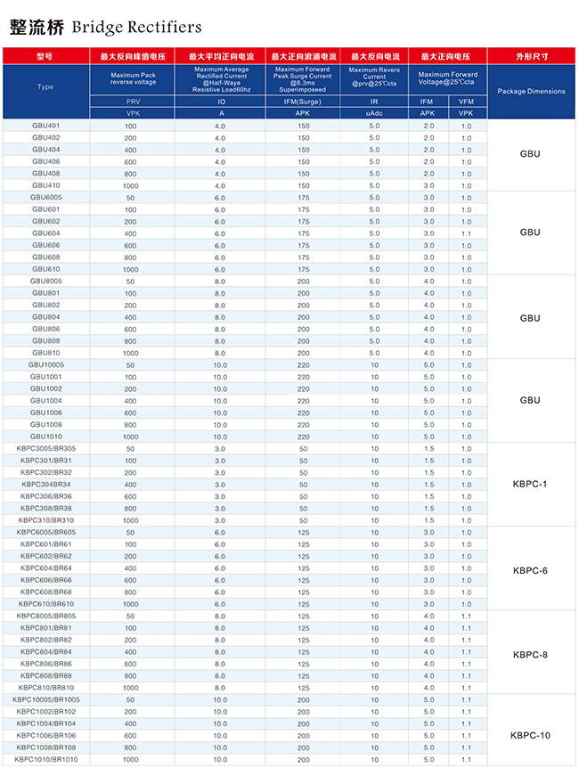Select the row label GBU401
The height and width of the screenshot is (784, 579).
(x=46, y=126)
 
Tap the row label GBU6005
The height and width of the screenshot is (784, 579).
(x=46, y=197)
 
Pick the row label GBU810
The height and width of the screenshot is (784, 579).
(x=46, y=353)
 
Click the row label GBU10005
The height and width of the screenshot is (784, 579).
(x=46, y=364)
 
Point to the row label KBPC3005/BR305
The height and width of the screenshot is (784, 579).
(x=46, y=448)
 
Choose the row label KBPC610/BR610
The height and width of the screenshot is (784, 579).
(x=46, y=604)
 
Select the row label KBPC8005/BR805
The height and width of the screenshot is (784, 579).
(x=46, y=616)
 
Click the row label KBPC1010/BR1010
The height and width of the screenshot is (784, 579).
(x=46, y=759)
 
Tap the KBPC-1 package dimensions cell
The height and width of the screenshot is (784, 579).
(x=530, y=484)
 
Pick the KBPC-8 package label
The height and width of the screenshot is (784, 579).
(x=530, y=654)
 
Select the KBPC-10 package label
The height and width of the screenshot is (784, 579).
(x=530, y=735)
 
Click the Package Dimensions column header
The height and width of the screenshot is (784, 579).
(x=531, y=91)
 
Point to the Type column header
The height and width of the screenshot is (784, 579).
(x=46, y=87)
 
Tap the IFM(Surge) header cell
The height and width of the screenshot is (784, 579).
(x=303, y=102)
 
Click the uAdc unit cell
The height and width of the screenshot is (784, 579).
(x=374, y=114)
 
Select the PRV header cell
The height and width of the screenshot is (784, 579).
(x=133, y=102)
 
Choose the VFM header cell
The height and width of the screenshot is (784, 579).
(x=466, y=102)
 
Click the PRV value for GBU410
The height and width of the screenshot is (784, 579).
(x=131, y=185)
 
